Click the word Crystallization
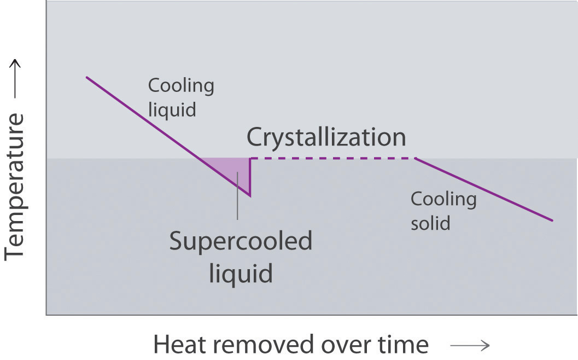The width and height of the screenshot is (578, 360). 326,137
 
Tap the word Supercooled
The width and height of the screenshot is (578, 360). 241,241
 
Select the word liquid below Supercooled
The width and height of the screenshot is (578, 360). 241,272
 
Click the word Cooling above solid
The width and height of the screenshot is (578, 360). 443,199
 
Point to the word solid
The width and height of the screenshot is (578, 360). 430,223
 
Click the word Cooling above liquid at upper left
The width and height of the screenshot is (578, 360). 181,86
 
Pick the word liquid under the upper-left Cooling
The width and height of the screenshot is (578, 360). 172,109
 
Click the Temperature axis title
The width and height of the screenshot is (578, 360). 16,186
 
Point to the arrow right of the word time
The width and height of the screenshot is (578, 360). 469,345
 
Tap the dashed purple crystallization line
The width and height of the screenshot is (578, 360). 332,159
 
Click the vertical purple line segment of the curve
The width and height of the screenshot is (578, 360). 250,177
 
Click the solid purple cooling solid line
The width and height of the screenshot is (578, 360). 484,190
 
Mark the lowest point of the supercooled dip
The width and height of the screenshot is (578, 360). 250,195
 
